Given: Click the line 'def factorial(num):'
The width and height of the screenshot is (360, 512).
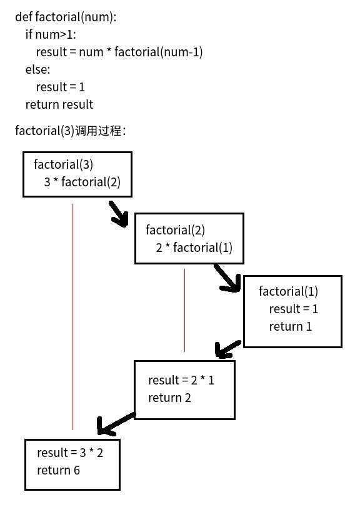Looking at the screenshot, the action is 66,17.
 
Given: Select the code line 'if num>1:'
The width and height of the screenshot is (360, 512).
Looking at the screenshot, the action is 51,34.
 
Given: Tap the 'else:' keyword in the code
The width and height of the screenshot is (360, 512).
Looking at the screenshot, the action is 38,69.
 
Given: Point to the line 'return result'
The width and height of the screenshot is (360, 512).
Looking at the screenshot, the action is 59,104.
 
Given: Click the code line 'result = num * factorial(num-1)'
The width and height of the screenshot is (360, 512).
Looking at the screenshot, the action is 119,52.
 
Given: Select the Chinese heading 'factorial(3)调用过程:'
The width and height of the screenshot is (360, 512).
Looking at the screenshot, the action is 71,131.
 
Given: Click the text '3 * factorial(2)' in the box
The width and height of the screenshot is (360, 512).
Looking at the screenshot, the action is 82,182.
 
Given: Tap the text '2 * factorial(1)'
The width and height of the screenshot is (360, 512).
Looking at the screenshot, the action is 194,248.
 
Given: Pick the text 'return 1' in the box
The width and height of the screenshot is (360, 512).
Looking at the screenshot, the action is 290,326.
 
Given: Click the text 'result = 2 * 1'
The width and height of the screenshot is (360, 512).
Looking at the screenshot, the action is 181,380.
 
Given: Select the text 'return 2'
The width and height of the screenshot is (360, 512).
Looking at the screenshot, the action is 169,398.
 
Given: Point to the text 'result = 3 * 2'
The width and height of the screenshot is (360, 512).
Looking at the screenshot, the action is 70,453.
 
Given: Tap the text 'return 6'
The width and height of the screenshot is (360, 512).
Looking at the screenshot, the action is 58,470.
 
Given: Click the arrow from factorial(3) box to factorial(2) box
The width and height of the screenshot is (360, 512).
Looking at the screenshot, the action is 119,214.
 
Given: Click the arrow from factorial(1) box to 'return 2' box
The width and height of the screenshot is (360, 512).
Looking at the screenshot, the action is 228,349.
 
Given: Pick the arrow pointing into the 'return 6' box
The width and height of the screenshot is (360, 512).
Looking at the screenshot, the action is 116,423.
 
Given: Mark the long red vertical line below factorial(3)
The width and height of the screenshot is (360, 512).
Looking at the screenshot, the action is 72,317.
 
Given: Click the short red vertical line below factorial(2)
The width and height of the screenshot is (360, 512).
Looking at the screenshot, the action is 185,310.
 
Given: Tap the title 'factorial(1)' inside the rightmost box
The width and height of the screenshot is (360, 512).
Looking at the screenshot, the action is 288,291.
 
